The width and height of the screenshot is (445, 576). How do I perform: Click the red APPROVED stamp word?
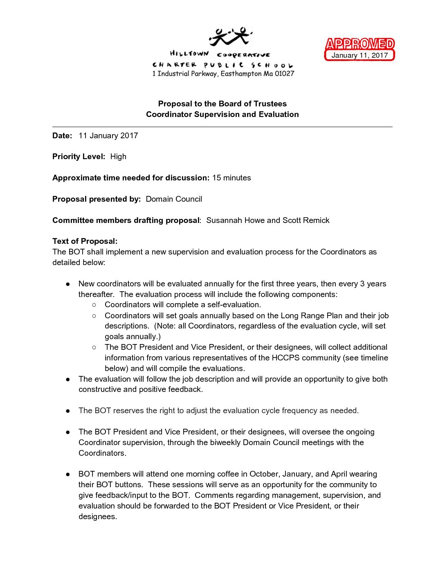coord(360,44)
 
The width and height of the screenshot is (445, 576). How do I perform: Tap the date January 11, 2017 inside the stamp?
coord(360,55)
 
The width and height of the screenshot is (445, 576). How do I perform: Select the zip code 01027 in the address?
coord(284,74)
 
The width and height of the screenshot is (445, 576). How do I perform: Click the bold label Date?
coord(62,136)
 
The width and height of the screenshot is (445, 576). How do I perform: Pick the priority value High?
coord(118,157)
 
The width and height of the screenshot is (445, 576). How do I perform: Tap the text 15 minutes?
coord(231,178)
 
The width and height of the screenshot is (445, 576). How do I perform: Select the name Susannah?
coord(224,220)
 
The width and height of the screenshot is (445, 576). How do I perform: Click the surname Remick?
coord(316,220)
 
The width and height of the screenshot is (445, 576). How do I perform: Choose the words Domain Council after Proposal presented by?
coord(174,199)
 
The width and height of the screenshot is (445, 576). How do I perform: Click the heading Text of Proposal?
coord(85,241)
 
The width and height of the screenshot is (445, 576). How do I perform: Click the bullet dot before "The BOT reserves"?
coord(68,411)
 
